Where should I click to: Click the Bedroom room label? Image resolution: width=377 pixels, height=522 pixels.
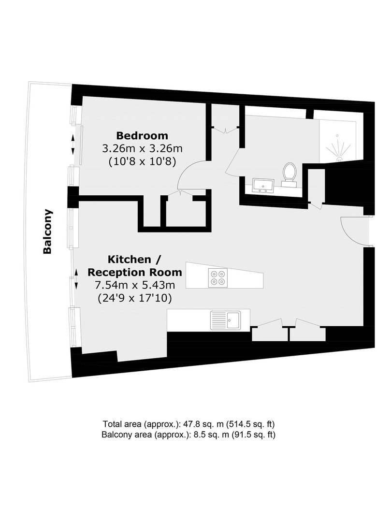click(142, 136)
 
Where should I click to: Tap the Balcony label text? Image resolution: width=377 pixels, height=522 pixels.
click(48, 232)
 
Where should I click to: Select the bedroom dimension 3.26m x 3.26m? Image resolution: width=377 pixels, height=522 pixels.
click(142, 148)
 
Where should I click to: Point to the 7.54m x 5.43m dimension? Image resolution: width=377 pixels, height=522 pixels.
click(135, 285)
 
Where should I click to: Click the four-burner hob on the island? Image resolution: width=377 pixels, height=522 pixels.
click(218, 278)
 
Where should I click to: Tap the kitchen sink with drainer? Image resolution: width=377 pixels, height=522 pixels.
click(225, 320)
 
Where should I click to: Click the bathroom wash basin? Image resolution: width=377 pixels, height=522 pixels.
click(263, 186)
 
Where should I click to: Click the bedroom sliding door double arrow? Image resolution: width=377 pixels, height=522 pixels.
click(73, 145)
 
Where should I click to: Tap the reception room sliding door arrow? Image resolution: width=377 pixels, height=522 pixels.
click(76, 279)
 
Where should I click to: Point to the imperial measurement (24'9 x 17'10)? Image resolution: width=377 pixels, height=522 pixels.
click(135, 298)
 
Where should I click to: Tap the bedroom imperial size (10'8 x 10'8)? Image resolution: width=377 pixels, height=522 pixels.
click(142, 162)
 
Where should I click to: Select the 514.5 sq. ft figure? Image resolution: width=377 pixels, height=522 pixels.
click(250, 424)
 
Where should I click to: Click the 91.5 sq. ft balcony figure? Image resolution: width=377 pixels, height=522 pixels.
click(253, 435)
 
